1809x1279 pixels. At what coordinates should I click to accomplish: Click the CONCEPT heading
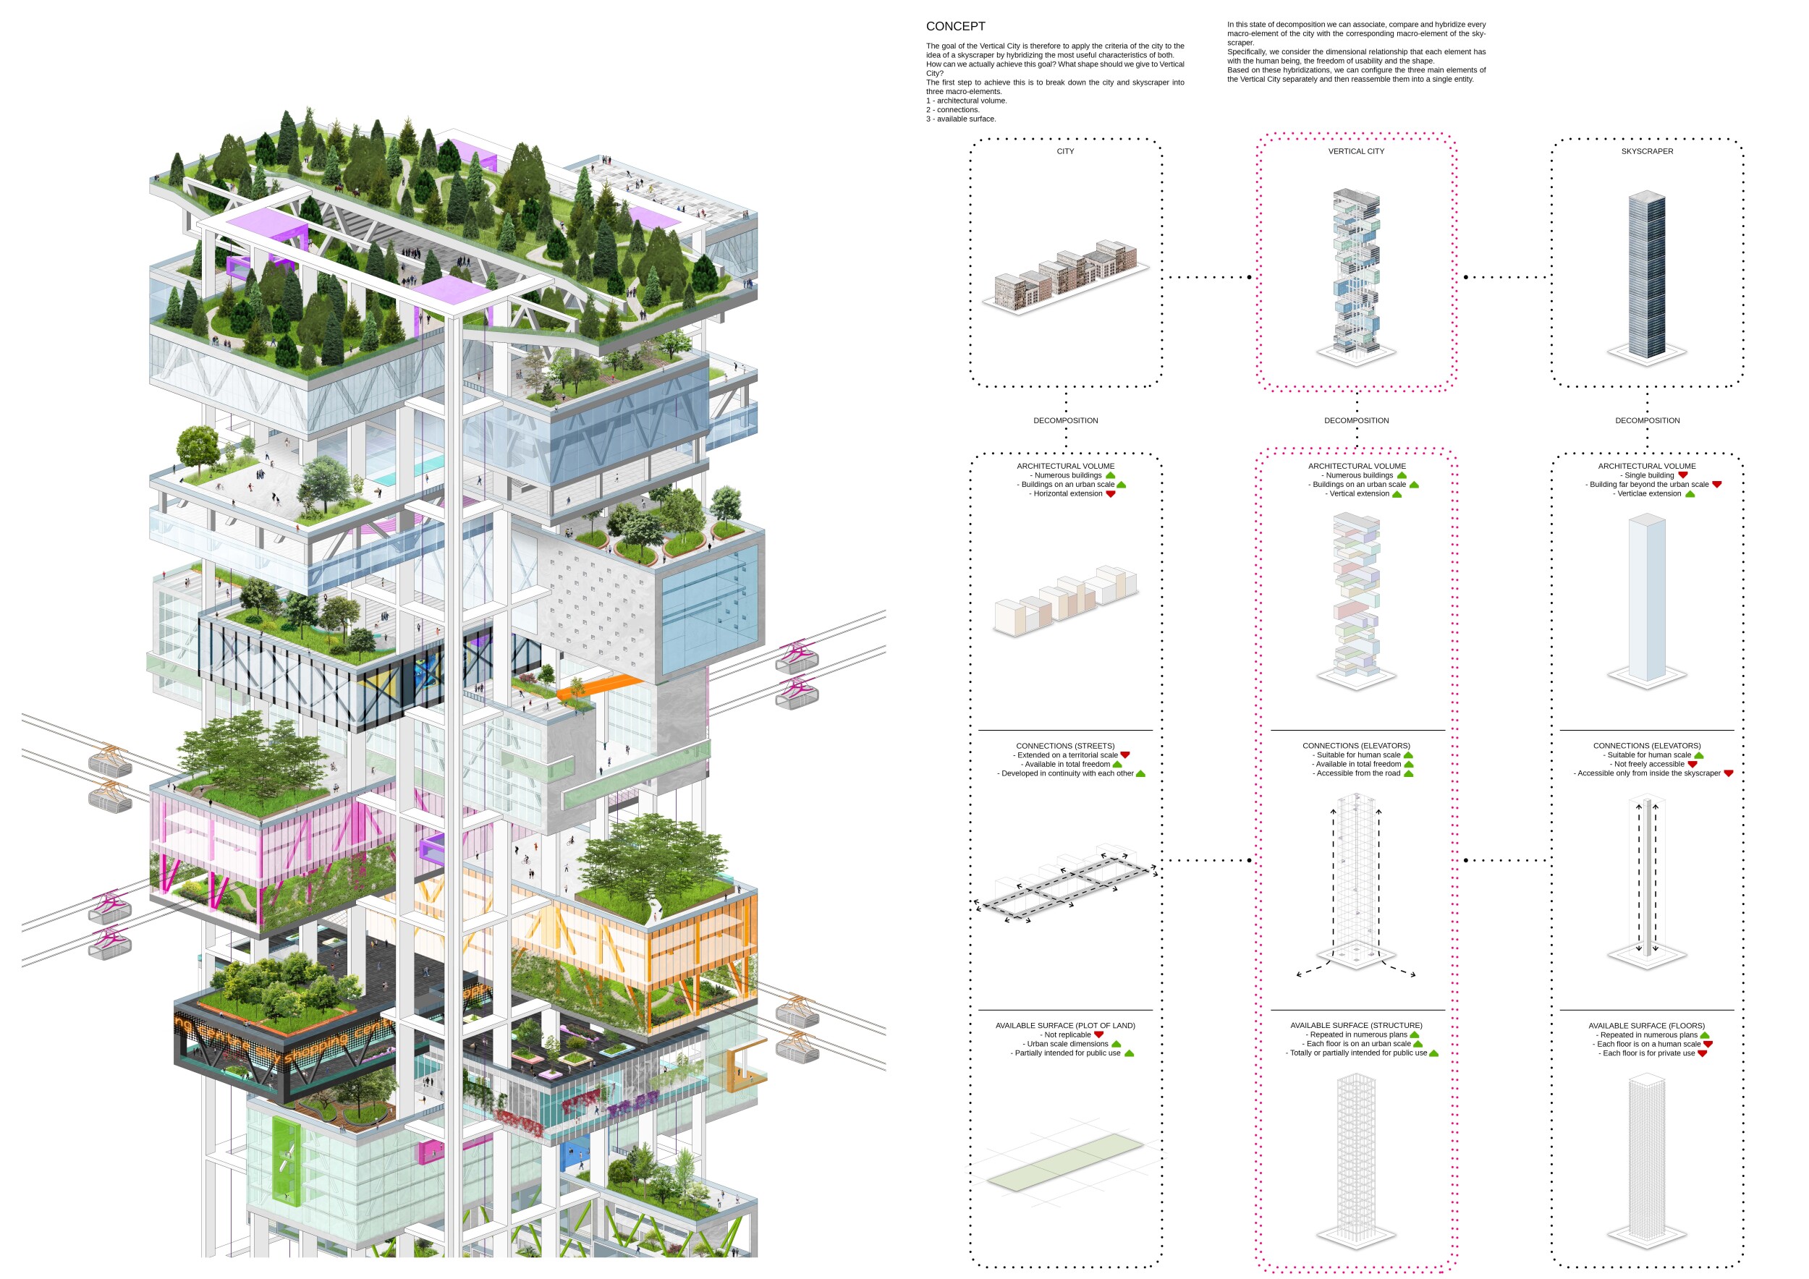(955, 27)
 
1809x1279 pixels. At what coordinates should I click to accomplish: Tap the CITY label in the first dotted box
(1065, 151)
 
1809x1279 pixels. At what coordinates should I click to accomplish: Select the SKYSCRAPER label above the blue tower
(1647, 151)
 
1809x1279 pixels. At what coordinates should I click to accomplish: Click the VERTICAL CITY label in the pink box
(1356, 151)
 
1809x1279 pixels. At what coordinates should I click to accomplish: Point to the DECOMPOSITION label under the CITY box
(1065, 420)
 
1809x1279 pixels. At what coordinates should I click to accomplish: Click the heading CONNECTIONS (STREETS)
(1065, 746)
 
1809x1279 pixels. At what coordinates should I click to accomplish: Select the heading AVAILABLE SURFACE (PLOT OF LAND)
(1065, 1025)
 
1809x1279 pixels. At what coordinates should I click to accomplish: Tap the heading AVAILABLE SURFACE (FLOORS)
(1647, 1025)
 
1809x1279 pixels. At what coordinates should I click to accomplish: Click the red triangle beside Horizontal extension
(1111, 494)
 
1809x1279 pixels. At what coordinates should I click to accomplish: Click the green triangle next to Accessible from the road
(1409, 773)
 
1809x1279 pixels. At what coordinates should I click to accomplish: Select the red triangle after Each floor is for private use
(1702, 1053)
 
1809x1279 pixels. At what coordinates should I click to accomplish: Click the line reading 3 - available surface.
(961, 119)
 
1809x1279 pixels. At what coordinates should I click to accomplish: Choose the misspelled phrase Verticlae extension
(1649, 494)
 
